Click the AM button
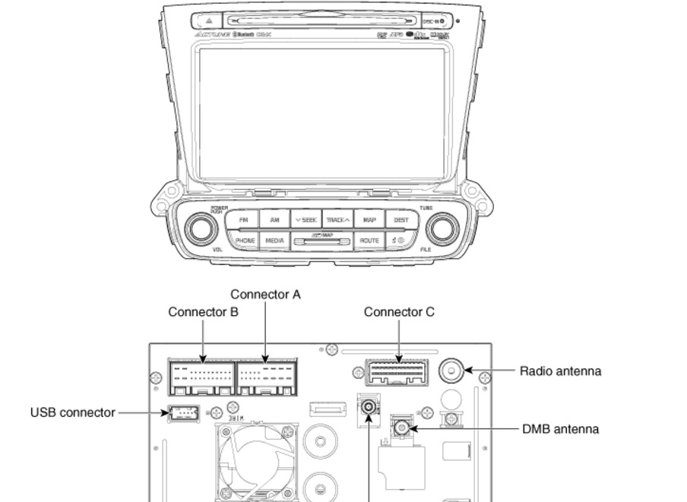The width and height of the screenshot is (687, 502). coord(274,220)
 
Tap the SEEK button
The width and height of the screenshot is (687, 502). coord(306,220)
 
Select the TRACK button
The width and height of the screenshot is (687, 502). coord(338,220)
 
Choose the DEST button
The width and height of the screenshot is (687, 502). coord(400,220)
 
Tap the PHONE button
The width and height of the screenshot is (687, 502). coord(244,240)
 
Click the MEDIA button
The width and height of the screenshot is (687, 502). coord(274,240)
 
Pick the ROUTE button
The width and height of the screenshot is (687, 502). coord(369,240)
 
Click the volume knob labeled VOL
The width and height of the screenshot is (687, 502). coord(200,227)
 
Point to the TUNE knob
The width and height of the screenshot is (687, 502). coord(442,227)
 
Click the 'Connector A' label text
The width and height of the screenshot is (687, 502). coord(265,294)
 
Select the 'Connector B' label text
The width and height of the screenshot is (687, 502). coord(204,312)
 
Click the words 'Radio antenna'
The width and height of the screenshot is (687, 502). coord(560,371)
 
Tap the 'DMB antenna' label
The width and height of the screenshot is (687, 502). coord(560,429)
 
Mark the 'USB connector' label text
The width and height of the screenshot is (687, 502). coord(72,412)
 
